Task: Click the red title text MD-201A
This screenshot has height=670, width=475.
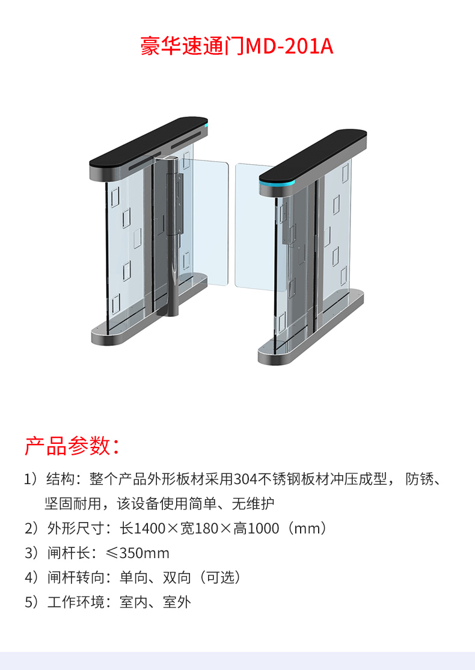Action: [x=289, y=46]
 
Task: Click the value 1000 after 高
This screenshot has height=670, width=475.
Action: [x=263, y=529]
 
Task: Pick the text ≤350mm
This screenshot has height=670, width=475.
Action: [x=138, y=553]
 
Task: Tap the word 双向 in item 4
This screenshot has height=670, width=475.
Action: [x=177, y=578]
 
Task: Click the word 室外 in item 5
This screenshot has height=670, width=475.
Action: [x=177, y=602]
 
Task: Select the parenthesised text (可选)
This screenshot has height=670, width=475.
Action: [x=220, y=578]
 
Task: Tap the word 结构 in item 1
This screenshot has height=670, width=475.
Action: [x=61, y=479]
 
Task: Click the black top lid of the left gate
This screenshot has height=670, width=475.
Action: [x=149, y=143]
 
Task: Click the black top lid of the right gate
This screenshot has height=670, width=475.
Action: [x=313, y=155]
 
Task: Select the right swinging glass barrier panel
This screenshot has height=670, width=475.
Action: [x=256, y=227]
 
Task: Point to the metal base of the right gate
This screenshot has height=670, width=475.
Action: [x=311, y=327]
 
